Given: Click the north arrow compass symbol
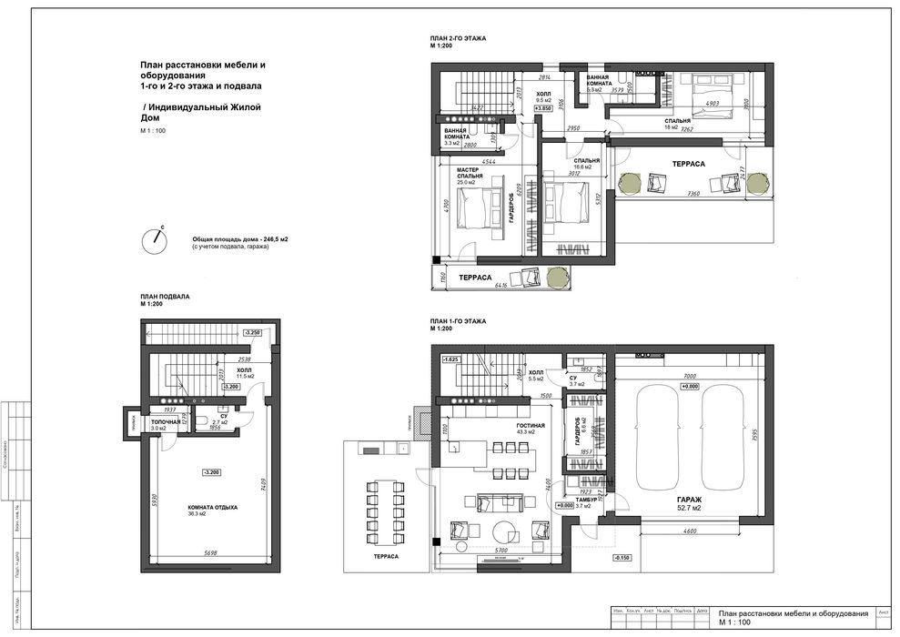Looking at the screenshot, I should [x=156, y=239].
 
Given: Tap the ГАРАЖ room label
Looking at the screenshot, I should [x=689, y=500].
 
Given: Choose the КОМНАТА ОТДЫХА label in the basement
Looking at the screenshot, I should [x=213, y=507].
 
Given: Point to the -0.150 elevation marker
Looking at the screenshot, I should [x=622, y=557].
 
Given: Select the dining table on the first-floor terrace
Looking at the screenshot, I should [x=384, y=511].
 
